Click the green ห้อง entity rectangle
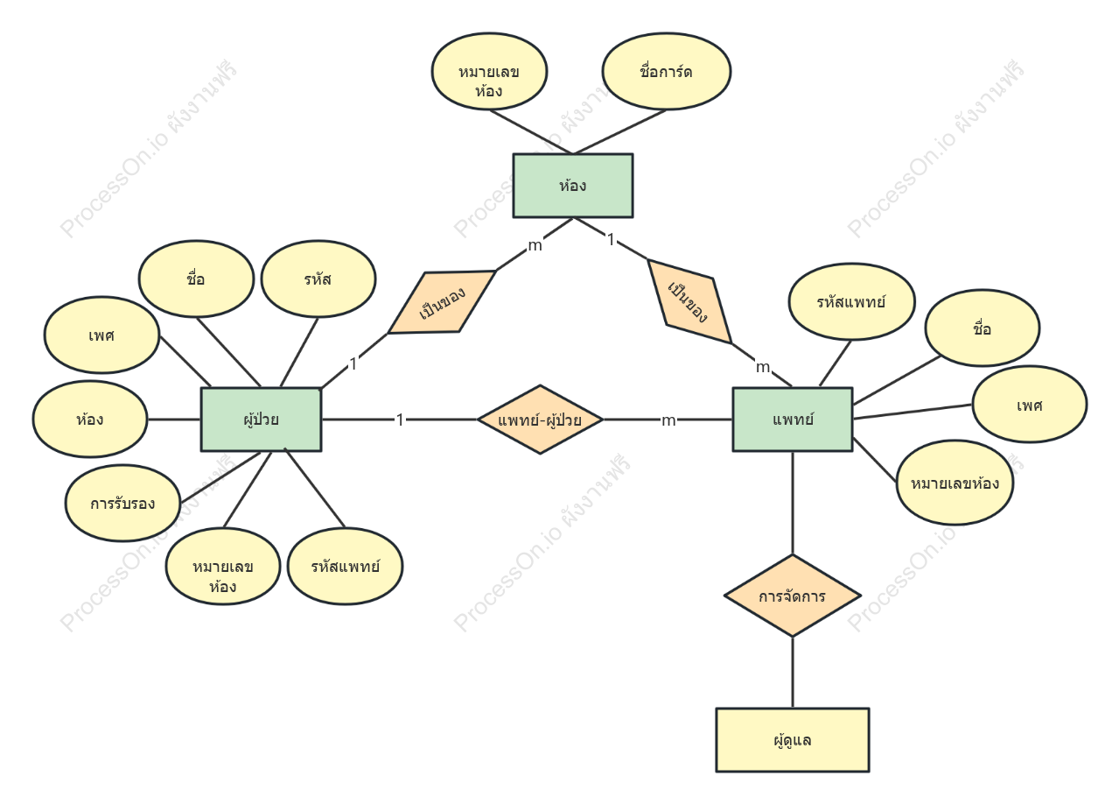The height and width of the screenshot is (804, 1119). (x=573, y=186)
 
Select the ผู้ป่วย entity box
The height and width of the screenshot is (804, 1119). (x=262, y=420)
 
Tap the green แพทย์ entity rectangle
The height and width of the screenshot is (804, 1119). (x=793, y=420)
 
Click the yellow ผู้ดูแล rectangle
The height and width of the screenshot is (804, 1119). (x=793, y=740)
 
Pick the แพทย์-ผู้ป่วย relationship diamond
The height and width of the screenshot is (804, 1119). (x=540, y=420)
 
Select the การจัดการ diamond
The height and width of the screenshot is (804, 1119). (x=793, y=596)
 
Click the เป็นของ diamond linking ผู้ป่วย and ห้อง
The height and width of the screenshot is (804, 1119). (x=442, y=302)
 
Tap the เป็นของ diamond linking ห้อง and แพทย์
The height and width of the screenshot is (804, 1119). (x=690, y=301)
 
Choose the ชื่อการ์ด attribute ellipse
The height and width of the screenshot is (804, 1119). (x=667, y=72)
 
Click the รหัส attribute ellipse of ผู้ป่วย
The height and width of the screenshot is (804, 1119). (x=318, y=279)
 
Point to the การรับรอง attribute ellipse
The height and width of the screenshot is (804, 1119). (x=122, y=503)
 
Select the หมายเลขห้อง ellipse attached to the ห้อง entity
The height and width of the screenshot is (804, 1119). (x=490, y=72)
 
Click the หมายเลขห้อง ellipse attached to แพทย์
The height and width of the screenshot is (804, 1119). (x=955, y=483)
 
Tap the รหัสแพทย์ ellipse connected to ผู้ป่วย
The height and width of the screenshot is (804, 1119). (x=346, y=566)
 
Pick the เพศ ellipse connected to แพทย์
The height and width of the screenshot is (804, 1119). (x=1030, y=404)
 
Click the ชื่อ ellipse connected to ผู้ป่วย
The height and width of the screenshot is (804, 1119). (x=196, y=279)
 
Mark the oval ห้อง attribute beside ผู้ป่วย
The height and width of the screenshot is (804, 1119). (x=90, y=419)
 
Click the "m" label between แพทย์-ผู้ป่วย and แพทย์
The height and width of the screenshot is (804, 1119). (x=668, y=420)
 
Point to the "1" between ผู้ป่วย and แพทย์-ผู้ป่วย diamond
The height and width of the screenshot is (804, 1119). (x=400, y=420)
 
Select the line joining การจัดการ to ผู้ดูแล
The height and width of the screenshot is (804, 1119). (x=793, y=673)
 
